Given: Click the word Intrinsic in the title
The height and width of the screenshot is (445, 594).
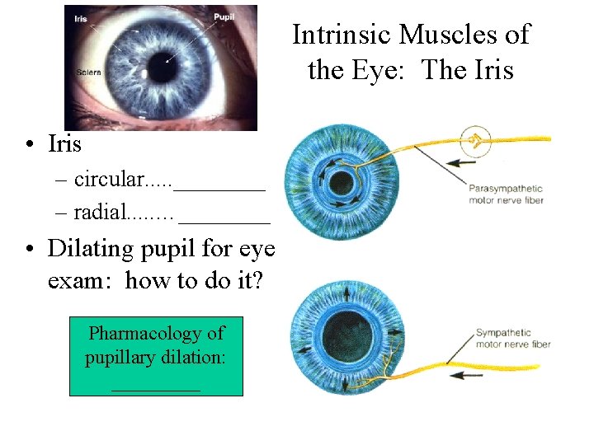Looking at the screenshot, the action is point(340,35).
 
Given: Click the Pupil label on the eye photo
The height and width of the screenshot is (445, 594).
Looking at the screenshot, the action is point(224,16).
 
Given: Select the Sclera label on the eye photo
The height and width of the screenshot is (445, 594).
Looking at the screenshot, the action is point(89,73).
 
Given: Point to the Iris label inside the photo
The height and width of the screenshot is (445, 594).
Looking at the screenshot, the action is point(80,18).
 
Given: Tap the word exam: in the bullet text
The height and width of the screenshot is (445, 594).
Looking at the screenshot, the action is point(82,281).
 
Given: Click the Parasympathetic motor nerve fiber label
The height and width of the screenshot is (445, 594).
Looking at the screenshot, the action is point(506,194).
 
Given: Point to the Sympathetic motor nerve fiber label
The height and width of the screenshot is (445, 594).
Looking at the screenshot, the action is point(512,339).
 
